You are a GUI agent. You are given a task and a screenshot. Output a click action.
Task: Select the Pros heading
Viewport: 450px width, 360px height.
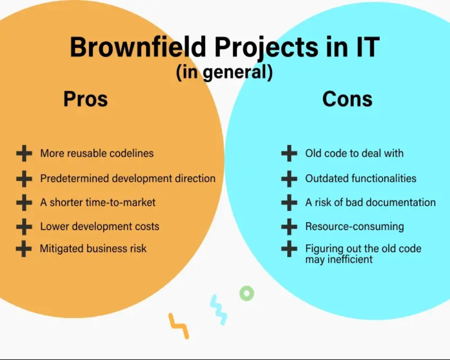(x=85, y=99)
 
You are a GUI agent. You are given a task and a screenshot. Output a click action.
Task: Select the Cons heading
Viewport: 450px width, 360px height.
(x=347, y=99)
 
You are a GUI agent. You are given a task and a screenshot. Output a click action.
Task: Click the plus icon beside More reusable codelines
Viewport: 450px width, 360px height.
(x=24, y=153)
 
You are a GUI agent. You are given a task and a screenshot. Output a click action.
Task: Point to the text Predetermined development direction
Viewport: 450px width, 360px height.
(x=128, y=179)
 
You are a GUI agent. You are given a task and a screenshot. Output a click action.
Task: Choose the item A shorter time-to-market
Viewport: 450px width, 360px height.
(x=98, y=202)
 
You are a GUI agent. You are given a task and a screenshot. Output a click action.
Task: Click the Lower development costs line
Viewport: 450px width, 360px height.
(x=99, y=226)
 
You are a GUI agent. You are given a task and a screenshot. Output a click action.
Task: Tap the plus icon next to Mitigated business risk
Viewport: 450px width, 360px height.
(x=24, y=248)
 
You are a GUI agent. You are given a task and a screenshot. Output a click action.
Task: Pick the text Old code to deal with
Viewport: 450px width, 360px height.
(x=355, y=153)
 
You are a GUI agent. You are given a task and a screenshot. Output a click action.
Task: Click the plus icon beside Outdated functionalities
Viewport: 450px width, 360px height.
(x=289, y=179)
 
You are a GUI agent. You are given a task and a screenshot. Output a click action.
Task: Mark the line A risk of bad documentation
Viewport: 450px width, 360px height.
(x=370, y=202)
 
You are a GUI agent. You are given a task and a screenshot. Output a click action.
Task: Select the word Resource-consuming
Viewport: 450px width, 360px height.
(x=355, y=226)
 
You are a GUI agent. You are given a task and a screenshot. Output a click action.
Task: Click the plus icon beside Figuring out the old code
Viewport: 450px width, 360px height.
(x=289, y=248)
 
